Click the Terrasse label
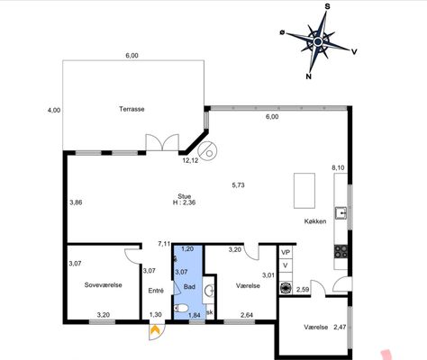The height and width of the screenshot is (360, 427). coord(132,109)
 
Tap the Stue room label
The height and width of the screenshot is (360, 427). coord(184,196)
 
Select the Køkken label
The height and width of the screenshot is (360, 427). coord(315,221)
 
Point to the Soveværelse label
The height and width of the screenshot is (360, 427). coord(103,284)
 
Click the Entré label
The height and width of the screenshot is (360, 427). coord(156,291)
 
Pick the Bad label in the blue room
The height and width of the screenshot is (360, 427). coord(189,286)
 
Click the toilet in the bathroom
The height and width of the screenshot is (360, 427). coord(181,308)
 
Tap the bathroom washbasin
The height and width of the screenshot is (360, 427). coord(209,290)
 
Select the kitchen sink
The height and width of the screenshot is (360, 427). coord(341,213)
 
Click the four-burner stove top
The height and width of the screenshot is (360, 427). coord(341,251)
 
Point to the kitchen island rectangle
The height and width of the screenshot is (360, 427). coord(304,191)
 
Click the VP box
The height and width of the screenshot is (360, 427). coord(286,253)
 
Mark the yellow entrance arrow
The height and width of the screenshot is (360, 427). coord(155,329)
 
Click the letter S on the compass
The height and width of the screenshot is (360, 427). coord(327,6)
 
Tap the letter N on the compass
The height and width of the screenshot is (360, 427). coord(308,76)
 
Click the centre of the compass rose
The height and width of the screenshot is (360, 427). coord(318,41)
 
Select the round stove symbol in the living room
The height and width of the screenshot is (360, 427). coord(207,150)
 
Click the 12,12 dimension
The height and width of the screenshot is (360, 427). coord(190,160)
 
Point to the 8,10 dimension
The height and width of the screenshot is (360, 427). coord(338,167)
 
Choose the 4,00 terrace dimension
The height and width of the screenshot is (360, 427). coord(54,110)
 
